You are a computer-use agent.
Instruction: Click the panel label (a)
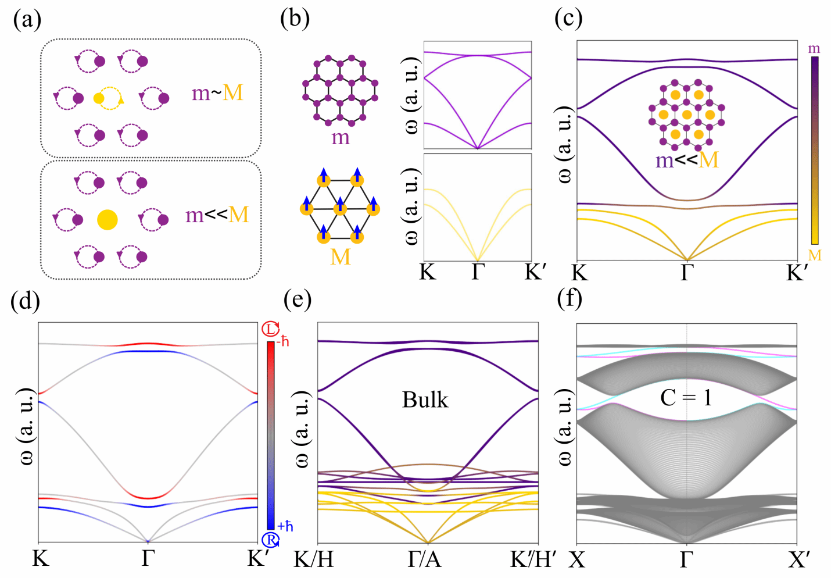[27, 20]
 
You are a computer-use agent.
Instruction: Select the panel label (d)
[26, 301]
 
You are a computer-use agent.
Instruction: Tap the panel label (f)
[569, 298]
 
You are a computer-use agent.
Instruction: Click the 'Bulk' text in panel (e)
[425, 400]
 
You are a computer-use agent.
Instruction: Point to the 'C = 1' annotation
[686, 398]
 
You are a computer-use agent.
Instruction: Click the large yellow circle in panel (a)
[108, 220]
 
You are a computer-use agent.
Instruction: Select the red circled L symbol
[271, 329]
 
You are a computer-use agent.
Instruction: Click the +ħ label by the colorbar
[285, 526]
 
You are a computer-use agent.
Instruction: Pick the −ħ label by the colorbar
[283, 341]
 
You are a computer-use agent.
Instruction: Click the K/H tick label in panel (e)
[314, 559]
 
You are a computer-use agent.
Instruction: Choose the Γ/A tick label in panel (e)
[424, 559]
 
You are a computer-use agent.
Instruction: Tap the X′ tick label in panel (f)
[799, 560]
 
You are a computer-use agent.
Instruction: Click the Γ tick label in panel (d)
[148, 559]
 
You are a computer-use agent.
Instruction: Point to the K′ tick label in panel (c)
[797, 273]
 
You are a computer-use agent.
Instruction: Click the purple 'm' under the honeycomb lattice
[341, 138]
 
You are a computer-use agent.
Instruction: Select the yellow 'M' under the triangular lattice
[341, 256]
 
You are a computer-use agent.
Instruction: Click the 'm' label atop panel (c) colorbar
[814, 49]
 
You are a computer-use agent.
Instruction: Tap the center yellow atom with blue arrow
[341, 207]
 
